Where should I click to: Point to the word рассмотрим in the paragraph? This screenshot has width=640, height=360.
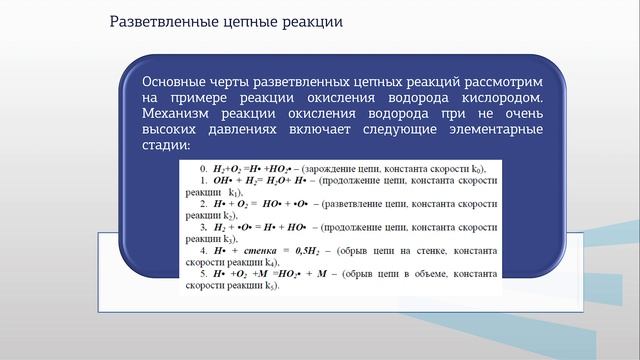click(x=502, y=81)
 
